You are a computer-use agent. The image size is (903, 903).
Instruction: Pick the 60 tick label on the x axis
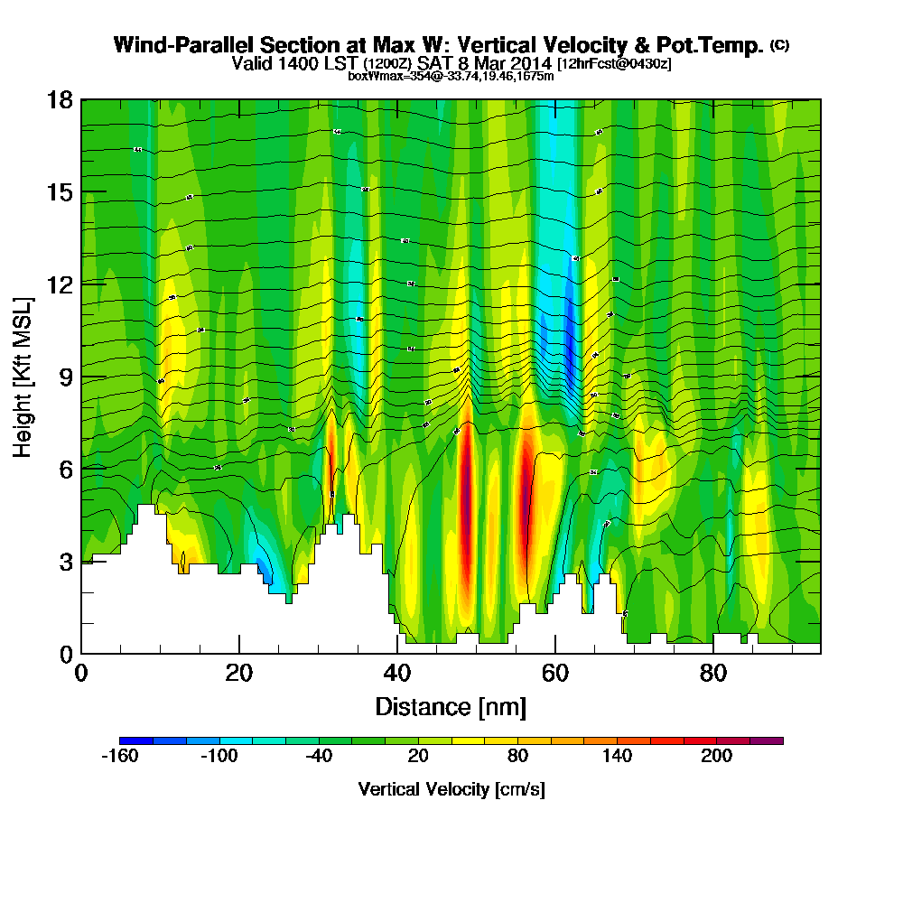click(x=555, y=674)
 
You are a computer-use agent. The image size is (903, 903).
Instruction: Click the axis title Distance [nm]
click(x=451, y=705)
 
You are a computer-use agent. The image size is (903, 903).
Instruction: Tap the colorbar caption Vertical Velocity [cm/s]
click(x=451, y=789)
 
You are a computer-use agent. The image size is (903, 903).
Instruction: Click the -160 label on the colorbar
click(x=119, y=757)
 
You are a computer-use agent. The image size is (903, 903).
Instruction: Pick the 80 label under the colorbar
click(x=517, y=757)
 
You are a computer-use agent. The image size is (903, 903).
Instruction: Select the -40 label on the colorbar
click(x=318, y=757)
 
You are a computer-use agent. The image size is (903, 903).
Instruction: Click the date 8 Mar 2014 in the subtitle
click(x=508, y=63)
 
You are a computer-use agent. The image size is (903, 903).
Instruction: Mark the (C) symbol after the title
click(x=779, y=44)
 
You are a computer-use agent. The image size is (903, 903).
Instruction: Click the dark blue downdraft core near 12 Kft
click(x=569, y=339)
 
